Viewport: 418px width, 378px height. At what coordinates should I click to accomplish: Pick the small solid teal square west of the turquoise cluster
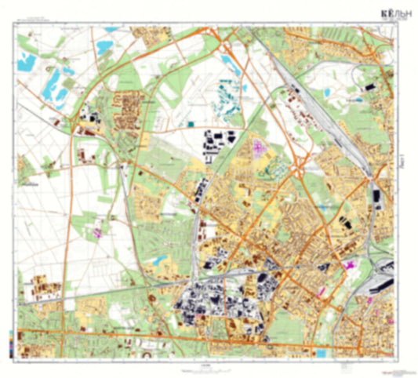click(189, 124)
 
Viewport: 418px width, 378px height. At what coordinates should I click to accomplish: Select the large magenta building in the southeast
click(351, 266)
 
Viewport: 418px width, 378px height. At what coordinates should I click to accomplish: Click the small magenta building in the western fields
click(98, 231)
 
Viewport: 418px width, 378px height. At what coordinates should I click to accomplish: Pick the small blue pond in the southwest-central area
click(161, 260)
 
